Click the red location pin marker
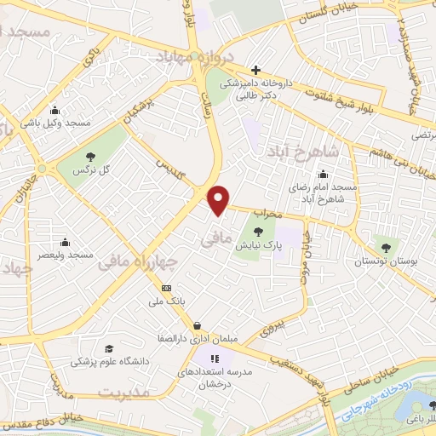(219, 199)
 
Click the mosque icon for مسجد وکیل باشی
(55, 110)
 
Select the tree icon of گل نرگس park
(90, 156)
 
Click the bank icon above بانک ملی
(166, 287)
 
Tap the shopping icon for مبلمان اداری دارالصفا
(198, 325)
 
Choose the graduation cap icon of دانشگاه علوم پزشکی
(108, 349)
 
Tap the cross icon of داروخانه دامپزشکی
(255, 70)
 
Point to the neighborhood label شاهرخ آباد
(301, 153)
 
